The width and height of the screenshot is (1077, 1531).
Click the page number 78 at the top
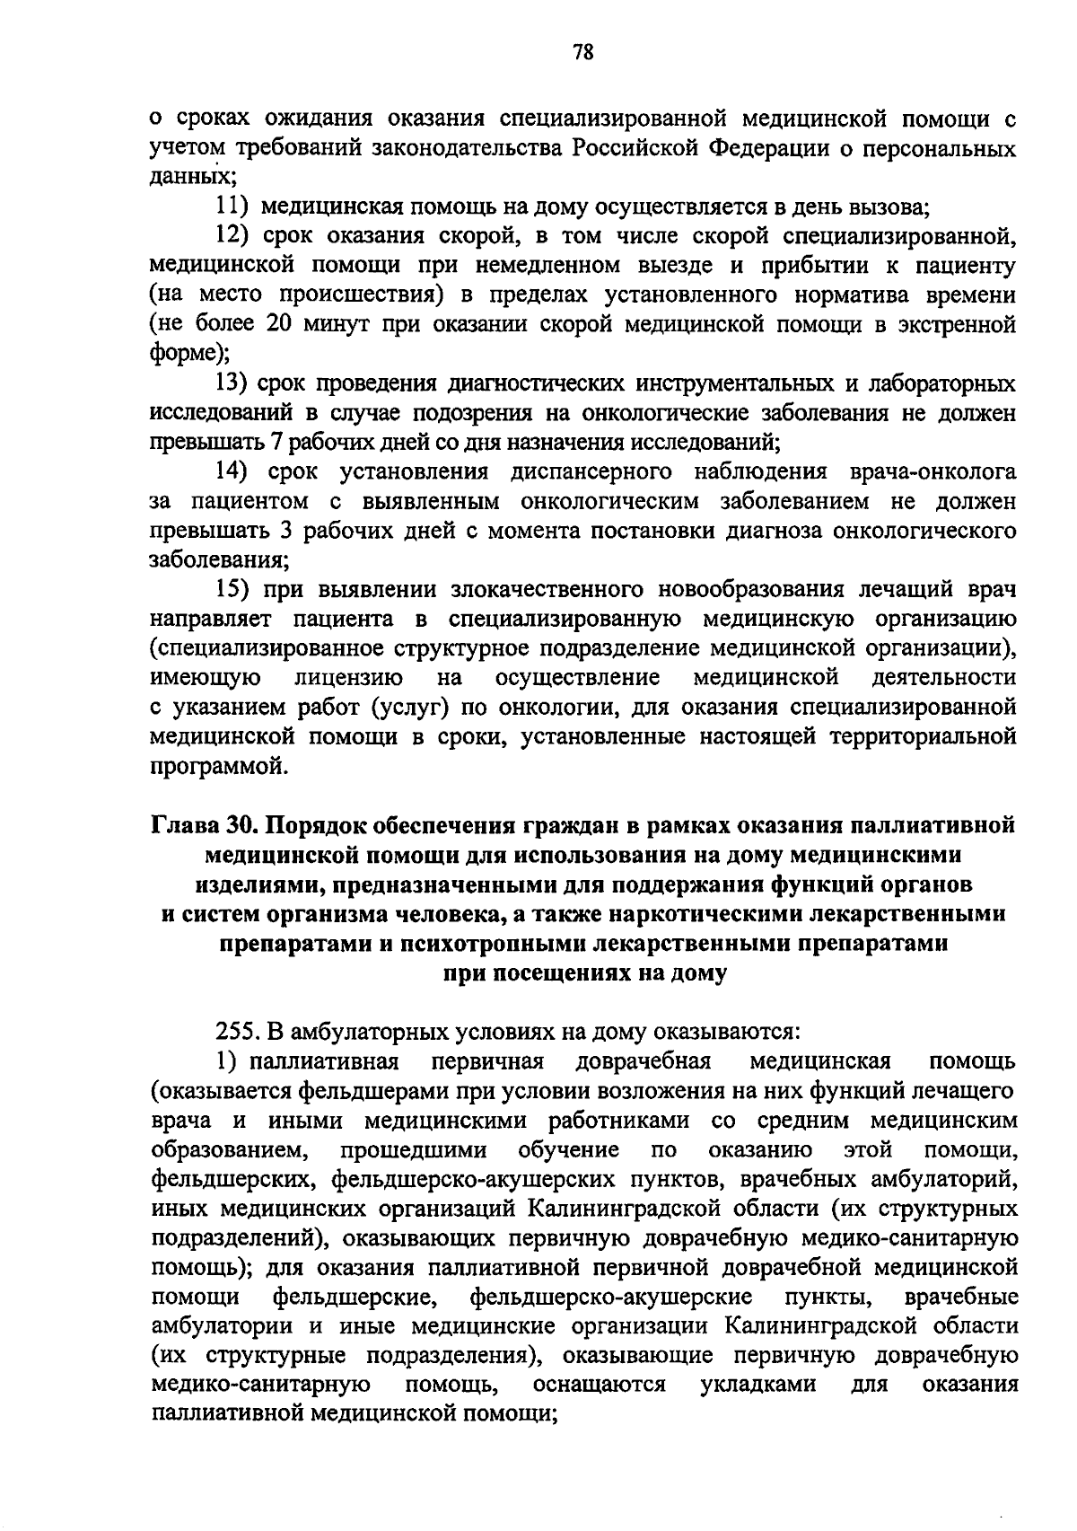tap(582, 52)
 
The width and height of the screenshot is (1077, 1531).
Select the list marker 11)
tap(235, 207)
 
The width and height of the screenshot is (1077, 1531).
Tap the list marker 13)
tap(235, 383)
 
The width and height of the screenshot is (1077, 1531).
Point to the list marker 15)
tap(235, 589)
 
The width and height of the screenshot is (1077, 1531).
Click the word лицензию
tap(348, 677)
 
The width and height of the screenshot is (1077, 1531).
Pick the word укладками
tap(757, 1384)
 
